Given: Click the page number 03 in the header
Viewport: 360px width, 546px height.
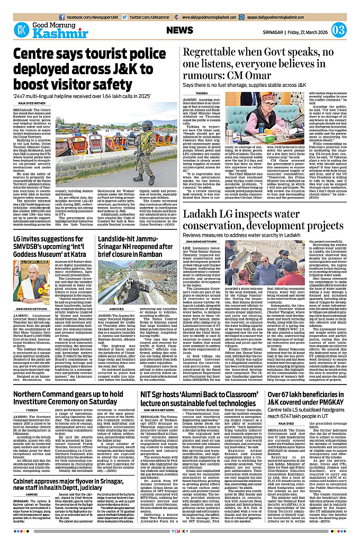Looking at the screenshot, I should click(339, 30).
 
